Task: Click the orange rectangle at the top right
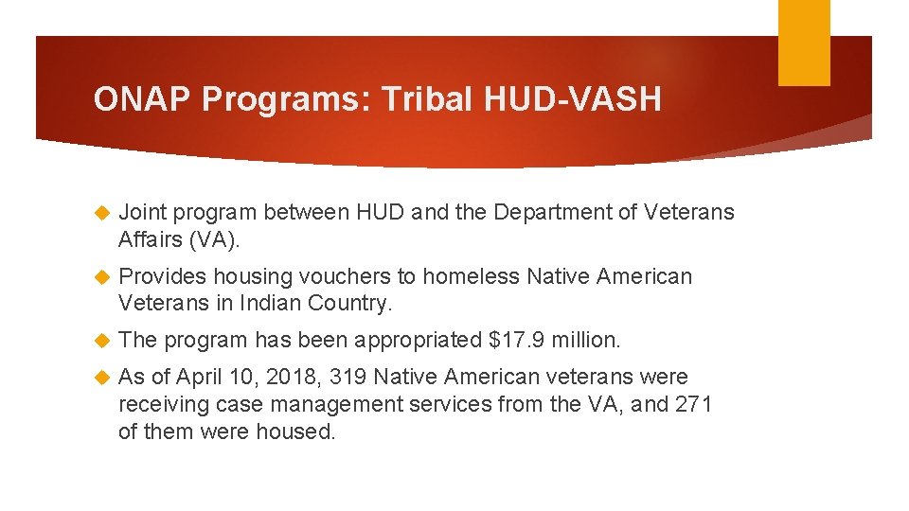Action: pyautogui.click(x=804, y=43)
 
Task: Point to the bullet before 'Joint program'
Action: pyautogui.click(x=104, y=213)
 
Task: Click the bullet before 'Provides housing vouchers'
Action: pyautogui.click(x=104, y=277)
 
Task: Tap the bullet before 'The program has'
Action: pyautogui.click(x=104, y=340)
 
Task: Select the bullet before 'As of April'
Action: pyautogui.click(x=104, y=378)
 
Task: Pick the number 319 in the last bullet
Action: pyautogui.click(x=347, y=377)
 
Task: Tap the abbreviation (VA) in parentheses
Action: pyautogui.click(x=215, y=239)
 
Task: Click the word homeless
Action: pyautogui.click(x=471, y=276)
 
